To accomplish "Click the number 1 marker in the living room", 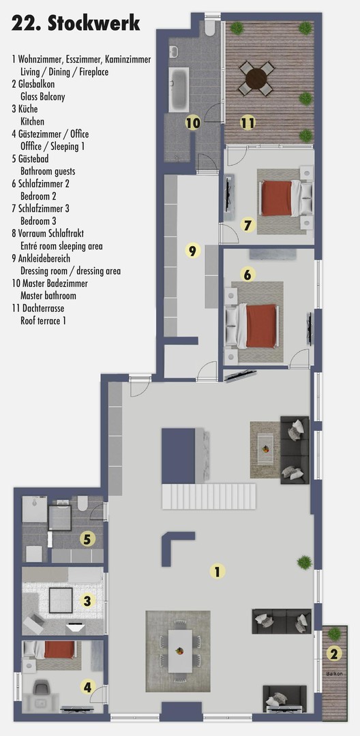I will click(217, 571).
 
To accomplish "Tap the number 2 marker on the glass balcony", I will click(333, 654).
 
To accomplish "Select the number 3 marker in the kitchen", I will click(87, 600).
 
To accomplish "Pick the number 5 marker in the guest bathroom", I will click(87, 539).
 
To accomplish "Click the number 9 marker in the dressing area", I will click(192, 251).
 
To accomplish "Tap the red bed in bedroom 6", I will click(262, 325).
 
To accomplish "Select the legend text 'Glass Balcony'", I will click(43, 97).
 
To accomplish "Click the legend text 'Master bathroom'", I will click(48, 296).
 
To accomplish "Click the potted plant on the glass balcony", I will click(334, 633).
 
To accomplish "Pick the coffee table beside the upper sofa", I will click(265, 450).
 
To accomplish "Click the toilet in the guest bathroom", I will click(82, 504).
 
